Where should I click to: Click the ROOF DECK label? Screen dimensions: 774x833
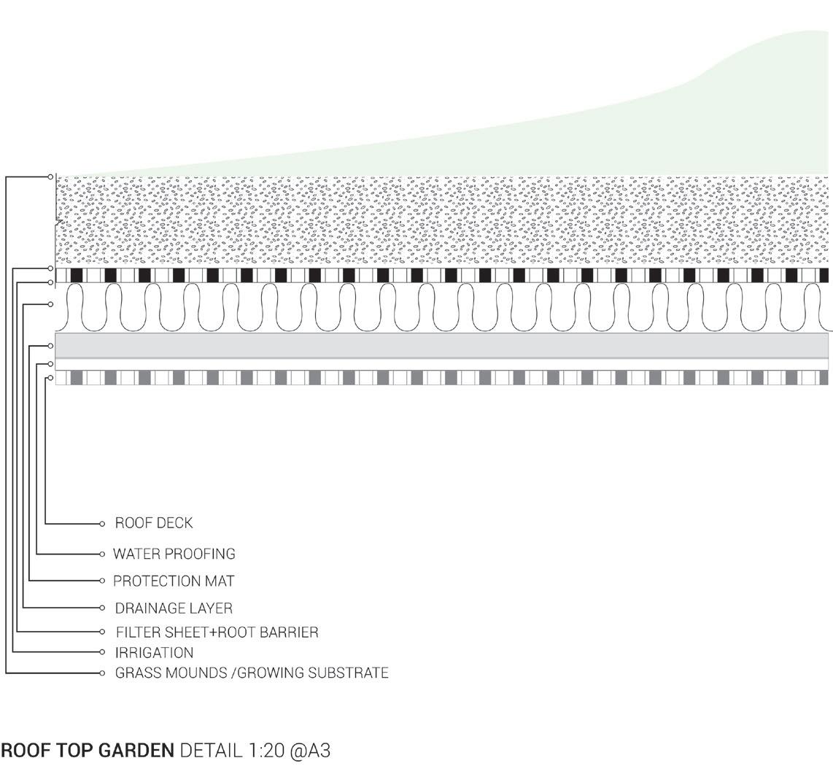(154, 523)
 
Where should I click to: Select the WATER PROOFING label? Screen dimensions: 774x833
(174, 554)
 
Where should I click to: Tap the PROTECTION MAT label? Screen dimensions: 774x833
(174, 581)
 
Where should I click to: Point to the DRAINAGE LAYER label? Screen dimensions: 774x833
(174, 608)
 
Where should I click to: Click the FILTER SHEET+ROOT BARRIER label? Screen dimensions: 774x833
(217, 632)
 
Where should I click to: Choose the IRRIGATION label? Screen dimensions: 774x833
(154, 652)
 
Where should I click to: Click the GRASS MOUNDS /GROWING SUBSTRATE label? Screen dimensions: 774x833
(252, 673)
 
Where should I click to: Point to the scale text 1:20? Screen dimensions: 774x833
(263, 750)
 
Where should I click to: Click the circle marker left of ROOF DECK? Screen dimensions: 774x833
(102, 524)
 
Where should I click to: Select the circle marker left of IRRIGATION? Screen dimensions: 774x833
(102, 651)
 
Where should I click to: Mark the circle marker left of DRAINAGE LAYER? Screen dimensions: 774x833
(102, 607)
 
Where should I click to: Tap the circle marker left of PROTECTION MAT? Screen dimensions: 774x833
(102, 581)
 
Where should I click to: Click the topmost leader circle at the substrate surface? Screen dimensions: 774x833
(50, 177)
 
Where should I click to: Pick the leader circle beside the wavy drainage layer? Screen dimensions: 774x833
(50, 304)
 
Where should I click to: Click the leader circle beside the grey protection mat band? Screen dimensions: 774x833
(50, 346)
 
